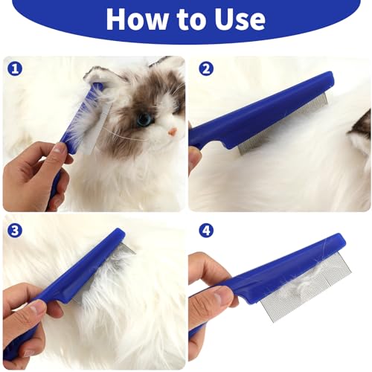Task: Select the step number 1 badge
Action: pyautogui.click(x=15, y=70)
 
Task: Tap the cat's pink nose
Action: pyautogui.click(x=172, y=132)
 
